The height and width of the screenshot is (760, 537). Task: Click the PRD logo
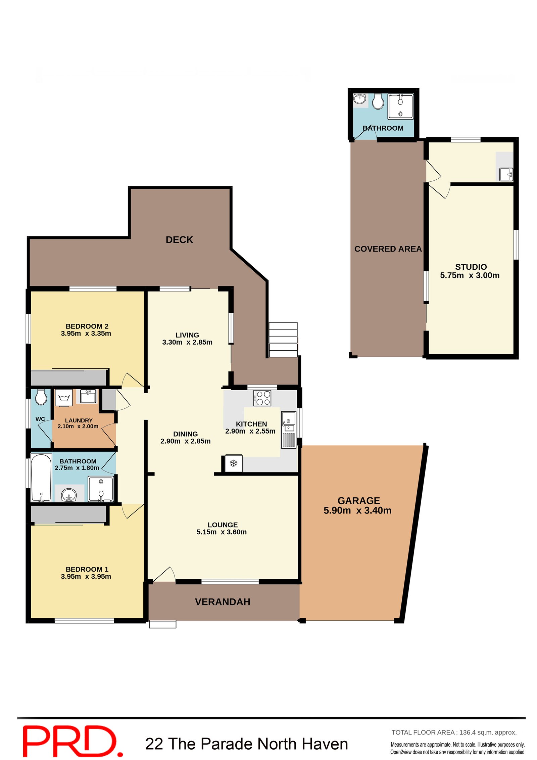tap(72, 741)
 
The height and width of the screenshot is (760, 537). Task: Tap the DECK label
tap(179, 240)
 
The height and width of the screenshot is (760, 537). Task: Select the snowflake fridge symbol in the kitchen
tap(233, 464)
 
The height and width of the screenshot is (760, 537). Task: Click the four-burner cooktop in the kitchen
tap(262, 398)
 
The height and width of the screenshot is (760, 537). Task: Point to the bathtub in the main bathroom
tap(41, 478)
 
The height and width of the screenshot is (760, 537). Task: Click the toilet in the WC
tap(41, 397)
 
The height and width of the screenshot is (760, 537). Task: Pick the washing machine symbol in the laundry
tap(64, 398)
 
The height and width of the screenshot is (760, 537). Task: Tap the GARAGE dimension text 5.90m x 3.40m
tap(357, 510)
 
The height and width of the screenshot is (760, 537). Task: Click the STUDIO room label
tap(471, 267)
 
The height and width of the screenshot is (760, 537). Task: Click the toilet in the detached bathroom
tap(378, 101)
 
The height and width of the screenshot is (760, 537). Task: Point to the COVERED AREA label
tap(388, 249)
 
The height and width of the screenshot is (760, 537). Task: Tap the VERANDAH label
tap(223, 602)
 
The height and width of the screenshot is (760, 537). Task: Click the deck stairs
tap(283, 340)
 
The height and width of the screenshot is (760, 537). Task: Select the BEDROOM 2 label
tap(87, 326)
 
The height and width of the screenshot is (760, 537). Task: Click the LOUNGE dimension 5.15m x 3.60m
tap(222, 532)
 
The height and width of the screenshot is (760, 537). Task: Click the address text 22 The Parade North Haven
tap(247, 744)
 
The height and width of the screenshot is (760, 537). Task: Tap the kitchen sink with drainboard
tap(289, 430)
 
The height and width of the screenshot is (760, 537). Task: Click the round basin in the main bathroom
tap(69, 494)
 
